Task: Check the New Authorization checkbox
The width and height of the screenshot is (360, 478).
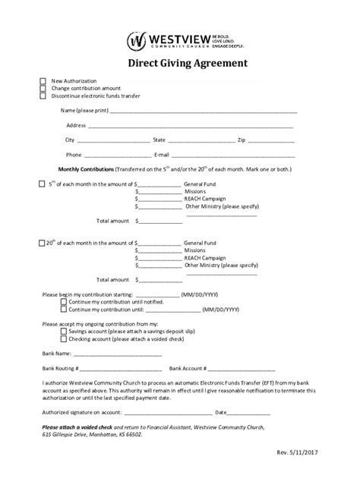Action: tap(43, 80)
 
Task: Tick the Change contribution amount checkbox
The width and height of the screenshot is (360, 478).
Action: tap(43, 88)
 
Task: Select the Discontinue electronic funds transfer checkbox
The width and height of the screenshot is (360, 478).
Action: tap(43, 96)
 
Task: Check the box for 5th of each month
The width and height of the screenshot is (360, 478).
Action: tap(42, 184)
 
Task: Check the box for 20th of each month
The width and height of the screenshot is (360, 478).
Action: tap(42, 243)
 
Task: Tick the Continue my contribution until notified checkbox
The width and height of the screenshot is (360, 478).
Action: tap(64, 302)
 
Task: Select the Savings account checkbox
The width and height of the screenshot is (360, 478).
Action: tap(64, 332)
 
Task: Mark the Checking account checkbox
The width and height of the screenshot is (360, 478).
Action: tap(64, 339)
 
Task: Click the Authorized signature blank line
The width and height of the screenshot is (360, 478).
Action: tap(169, 414)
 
